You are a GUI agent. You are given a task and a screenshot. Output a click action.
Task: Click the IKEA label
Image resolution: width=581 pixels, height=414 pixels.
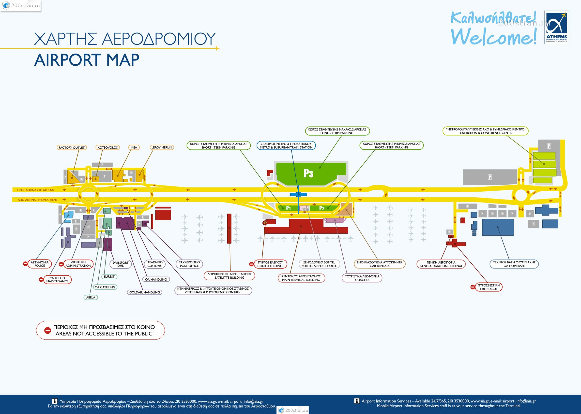click(134, 147)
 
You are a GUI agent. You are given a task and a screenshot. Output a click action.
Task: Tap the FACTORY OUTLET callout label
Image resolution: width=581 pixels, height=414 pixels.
click(71, 148)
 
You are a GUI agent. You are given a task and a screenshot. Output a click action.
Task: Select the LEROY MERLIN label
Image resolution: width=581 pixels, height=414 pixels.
click(162, 147)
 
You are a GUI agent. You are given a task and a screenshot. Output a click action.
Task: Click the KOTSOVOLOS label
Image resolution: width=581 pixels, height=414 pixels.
click(107, 148)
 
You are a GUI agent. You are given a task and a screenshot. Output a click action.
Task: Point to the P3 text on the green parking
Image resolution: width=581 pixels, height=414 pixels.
click(308, 173)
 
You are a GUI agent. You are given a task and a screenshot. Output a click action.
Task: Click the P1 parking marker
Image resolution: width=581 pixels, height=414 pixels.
click(288, 208)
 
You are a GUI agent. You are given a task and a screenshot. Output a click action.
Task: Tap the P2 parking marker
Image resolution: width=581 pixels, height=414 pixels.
click(322, 208)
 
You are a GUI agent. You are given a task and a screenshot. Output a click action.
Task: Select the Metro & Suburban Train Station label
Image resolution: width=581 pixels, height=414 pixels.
click(286, 145)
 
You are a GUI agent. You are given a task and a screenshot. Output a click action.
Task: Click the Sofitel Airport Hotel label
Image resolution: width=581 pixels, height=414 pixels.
click(319, 264)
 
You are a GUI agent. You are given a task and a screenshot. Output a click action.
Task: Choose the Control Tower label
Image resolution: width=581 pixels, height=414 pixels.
click(270, 264)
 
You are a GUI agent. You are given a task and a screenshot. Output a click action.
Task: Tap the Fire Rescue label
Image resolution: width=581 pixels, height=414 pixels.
click(488, 287)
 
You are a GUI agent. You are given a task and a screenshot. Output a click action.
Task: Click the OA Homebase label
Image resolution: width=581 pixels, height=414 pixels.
click(514, 264)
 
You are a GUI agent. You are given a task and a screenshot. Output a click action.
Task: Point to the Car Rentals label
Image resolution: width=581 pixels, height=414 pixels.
click(380, 264)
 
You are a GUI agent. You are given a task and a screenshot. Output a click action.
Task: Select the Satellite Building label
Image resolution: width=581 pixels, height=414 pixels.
click(229, 276)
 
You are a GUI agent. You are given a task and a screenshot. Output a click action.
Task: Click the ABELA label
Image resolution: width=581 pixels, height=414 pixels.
click(91, 297)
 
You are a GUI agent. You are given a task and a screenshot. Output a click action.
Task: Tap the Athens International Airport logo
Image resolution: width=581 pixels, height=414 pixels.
click(556, 27)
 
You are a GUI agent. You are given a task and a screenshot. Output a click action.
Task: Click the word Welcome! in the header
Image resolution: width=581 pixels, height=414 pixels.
click(494, 37)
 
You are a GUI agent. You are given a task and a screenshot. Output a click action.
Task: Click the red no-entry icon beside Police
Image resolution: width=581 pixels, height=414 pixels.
click(25, 264)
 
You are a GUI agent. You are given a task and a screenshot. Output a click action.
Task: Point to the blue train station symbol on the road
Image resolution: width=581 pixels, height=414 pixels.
click(298, 195)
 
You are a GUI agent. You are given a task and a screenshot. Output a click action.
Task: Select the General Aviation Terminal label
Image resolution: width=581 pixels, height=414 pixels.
click(441, 264)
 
